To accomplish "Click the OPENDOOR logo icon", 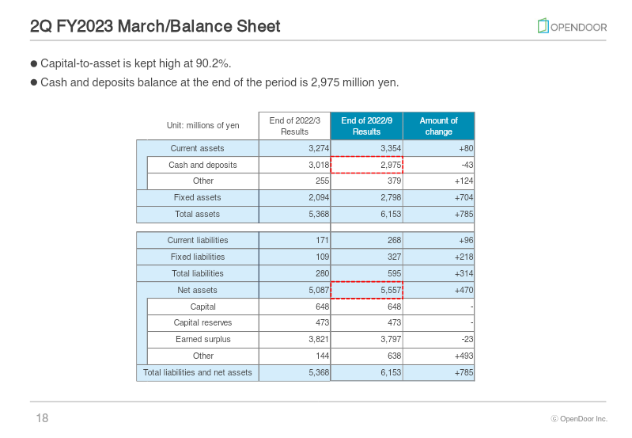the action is [543, 26].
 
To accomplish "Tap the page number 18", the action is [42, 418].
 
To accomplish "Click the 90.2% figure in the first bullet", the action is [213, 63].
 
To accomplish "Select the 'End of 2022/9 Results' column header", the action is [366, 126].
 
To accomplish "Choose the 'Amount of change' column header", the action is [438, 126].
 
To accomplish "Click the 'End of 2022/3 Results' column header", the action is [294, 126].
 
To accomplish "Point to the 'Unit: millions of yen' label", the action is [202, 126].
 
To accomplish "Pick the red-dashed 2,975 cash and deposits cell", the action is [366, 165].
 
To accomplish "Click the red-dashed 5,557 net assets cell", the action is [366, 290].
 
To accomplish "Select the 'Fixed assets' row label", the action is [197, 198].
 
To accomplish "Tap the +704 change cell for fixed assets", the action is [438, 198].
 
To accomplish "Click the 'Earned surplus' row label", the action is [202, 340].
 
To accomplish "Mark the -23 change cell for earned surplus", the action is [438, 340].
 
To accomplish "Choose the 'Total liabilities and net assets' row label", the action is [197, 372].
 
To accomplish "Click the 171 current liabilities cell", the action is [294, 240].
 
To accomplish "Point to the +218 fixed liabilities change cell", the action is [438, 257].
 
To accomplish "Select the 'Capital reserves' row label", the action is [202, 323].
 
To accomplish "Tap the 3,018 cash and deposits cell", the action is [294, 165].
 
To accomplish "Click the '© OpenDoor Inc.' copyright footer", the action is [579, 419].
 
